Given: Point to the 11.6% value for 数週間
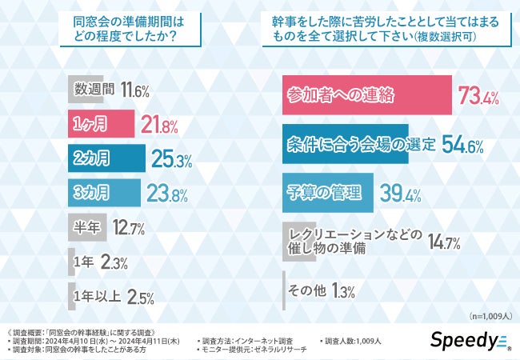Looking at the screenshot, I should pyautogui.click(x=134, y=90).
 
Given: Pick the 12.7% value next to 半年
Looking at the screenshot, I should pyautogui.click(x=126, y=229).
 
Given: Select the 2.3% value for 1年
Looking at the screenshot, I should pyautogui.click(x=113, y=262).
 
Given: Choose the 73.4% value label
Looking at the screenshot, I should pyautogui.click(x=478, y=98).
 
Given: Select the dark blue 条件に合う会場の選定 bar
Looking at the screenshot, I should pyautogui.click(x=346, y=144).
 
